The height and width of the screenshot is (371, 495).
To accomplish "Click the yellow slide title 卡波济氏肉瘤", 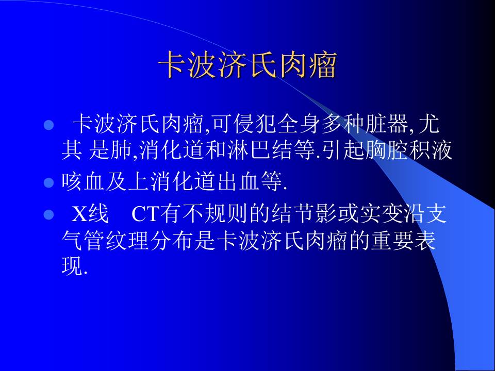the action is [247, 65].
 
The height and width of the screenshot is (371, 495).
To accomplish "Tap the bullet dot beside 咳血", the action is [48, 182].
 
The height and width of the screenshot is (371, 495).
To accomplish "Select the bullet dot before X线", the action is [48, 215].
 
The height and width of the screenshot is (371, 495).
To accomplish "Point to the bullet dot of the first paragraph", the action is [48, 125].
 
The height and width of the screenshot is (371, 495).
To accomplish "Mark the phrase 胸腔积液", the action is [408, 150].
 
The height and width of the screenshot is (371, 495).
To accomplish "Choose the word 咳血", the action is [83, 182].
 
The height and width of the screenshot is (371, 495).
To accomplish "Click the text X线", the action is [90, 214].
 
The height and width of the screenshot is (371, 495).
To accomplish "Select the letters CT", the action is [145, 214].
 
